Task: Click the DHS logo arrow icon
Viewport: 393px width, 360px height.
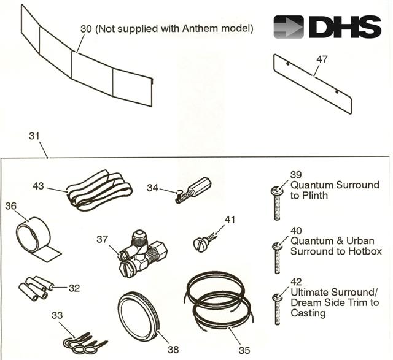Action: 289,27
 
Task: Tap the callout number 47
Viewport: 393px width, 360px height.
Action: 322,59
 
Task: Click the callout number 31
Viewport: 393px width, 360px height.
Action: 34,136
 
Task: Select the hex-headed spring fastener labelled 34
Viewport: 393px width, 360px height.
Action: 193,191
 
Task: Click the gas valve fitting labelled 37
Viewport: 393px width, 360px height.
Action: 143,253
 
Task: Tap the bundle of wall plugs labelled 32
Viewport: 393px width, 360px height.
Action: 36,288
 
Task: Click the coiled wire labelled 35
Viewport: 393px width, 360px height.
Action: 219,299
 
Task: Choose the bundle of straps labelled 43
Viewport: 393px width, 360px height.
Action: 99,190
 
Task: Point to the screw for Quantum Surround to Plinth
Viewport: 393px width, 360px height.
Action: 277,204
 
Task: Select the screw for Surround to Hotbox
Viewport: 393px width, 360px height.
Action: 277,258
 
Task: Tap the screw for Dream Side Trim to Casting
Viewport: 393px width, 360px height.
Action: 277,310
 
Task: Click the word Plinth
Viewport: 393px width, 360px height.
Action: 315,195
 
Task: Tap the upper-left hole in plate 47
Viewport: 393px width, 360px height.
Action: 288,64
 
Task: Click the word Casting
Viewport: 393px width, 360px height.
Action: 308,313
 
